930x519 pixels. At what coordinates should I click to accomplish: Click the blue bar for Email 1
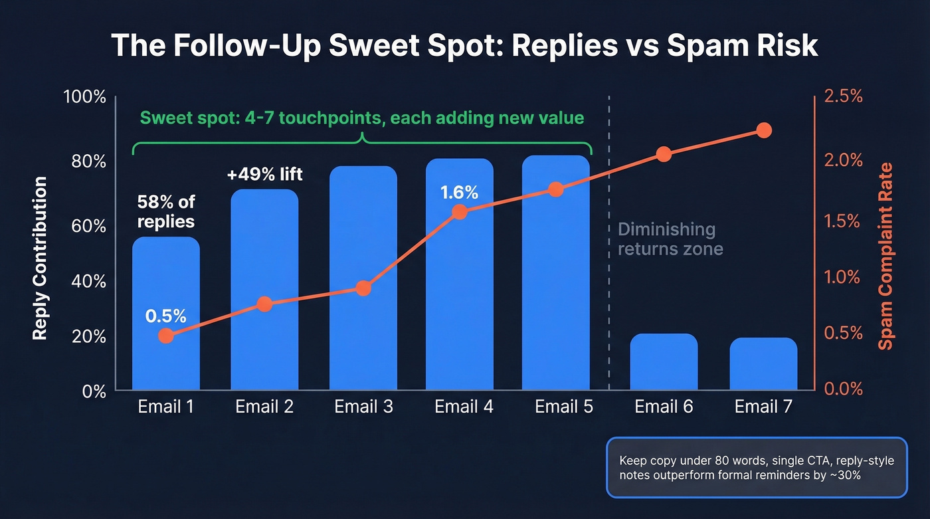click(x=166, y=313)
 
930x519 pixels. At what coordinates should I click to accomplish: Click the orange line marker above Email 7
click(x=764, y=130)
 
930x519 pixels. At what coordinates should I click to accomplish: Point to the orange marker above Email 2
click(x=264, y=304)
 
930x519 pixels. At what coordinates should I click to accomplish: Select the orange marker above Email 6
click(x=664, y=154)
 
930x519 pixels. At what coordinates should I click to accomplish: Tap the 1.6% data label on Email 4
click(x=459, y=193)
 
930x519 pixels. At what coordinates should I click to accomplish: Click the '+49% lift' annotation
click(x=264, y=175)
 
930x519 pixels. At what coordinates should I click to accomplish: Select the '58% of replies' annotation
click(x=166, y=211)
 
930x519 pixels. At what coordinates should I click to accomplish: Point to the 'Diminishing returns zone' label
click(x=670, y=239)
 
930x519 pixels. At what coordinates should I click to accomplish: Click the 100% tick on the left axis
click(x=84, y=97)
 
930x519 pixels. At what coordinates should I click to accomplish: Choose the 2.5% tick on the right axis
click(x=843, y=97)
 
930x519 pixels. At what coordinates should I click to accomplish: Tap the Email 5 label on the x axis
click(x=564, y=407)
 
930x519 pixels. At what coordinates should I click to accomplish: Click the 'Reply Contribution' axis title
click(x=41, y=259)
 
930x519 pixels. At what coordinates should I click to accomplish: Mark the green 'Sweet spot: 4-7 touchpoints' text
click(x=362, y=118)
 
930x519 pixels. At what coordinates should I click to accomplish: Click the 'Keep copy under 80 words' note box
click(x=756, y=467)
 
